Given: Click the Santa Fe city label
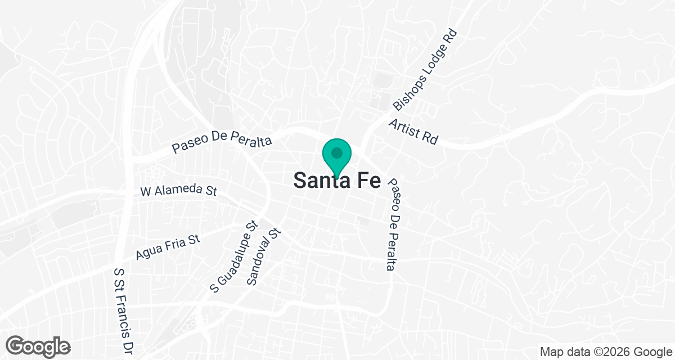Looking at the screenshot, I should click(337, 181).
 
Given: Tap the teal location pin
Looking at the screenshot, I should click(337, 157).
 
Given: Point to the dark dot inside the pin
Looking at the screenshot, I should click(337, 152).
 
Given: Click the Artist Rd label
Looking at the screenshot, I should click(413, 132).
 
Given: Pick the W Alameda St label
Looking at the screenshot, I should click(178, 190).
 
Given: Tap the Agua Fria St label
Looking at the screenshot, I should click(168, 247).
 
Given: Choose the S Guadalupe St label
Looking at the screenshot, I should click(233, 256).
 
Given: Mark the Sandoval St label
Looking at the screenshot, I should click(263, 256).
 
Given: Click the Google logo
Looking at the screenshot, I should click(38, 346).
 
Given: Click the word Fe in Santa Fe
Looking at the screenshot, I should click(366, 181).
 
